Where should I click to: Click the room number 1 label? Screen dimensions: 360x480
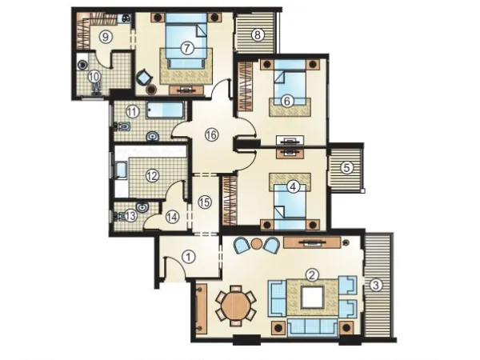[189, 258]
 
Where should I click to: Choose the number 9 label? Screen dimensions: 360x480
[104, 37]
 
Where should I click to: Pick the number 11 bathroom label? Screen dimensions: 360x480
[132, 112]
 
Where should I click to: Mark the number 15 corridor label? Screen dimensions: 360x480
[204, 202]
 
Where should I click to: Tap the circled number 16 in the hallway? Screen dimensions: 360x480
[210, 135]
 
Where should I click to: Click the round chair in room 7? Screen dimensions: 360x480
[144, 78]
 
